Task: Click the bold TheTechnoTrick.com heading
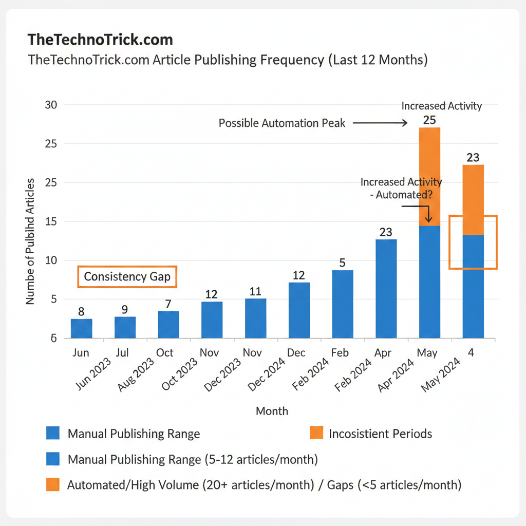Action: click(100, 40)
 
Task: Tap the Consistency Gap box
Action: click(127, 277)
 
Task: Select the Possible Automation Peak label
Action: click(282, 123)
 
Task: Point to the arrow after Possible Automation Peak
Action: click(380, 123)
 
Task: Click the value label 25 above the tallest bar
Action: click(429, 120)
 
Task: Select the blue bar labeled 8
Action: click(81, 328)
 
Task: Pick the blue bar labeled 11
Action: click(255, 318)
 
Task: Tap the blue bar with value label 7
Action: click(168, 324)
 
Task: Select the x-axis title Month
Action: click(272, 411)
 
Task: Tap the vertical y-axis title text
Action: click(30, 241)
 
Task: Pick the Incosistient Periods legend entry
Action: click(380, 434)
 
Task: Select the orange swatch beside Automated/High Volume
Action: click(52, 485)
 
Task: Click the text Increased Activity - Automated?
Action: click(401, 189)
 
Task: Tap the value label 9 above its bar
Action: click(125, 310)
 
